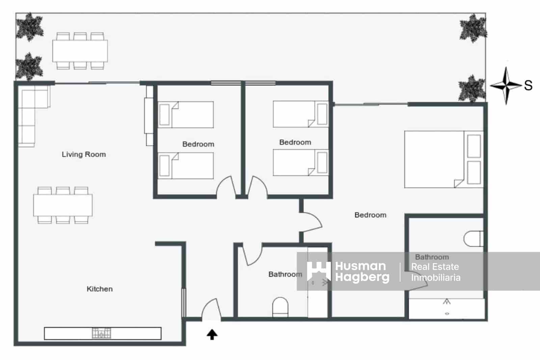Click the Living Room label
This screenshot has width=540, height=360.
coord(84,154)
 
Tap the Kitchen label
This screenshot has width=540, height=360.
coord(100,289)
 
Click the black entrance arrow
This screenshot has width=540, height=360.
coord(212,334)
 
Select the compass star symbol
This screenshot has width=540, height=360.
coord(506,85)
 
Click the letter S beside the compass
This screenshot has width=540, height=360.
coord(528,85)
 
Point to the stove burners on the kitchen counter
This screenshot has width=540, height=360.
coord(101,333)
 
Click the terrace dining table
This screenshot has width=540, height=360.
coord(80,51)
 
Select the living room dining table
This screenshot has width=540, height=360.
coord(63,205)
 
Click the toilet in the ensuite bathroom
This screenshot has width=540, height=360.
coord(473,239)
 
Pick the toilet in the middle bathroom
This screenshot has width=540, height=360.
coord(280,307)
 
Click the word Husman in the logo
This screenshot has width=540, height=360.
coord(360,266)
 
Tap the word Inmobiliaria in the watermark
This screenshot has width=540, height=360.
coord(435,278)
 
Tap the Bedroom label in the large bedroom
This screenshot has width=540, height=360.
coord(370,215)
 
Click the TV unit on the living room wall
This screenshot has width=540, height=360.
coord(149,115)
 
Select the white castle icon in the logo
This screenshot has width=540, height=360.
coord(318,271)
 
